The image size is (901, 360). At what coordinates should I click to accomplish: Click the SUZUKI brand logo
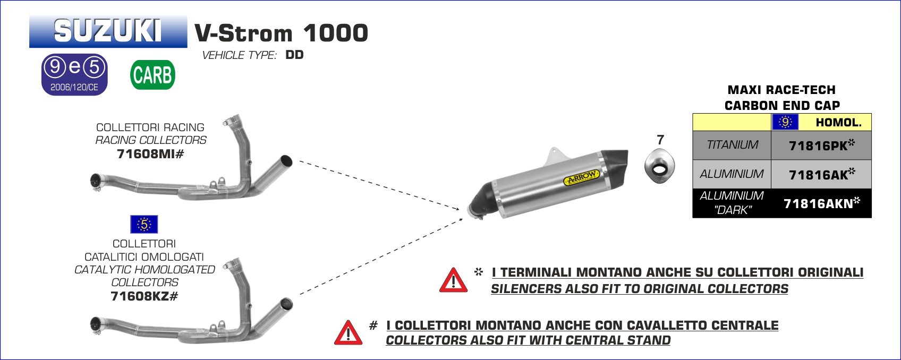[108, 31]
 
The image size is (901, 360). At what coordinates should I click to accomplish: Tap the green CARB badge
[152, 75]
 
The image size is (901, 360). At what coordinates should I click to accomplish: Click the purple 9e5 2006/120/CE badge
[74, 74]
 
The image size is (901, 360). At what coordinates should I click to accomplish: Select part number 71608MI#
[150, 153]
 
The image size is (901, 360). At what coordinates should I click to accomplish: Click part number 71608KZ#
[144, 296]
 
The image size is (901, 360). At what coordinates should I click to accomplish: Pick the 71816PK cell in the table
[821, 145]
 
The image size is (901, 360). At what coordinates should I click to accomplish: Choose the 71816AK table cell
[821, 174]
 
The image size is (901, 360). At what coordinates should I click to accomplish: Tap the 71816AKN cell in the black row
[821, 203]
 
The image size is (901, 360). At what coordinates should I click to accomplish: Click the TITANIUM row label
[732, 145]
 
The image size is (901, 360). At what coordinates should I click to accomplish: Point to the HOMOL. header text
[838, 123]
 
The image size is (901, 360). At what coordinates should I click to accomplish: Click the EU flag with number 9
[785, 122]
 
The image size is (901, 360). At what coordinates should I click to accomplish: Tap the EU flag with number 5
[144, 225]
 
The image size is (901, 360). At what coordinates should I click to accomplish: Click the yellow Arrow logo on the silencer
[582, 177]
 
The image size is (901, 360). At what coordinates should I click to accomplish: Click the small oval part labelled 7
[659, 166]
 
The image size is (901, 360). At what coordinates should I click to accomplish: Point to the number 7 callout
[660, 140]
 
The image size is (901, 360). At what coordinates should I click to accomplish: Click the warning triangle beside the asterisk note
[453, 280]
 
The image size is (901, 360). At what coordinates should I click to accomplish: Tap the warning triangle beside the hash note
[348, 332]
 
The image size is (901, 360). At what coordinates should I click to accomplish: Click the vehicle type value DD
[294, 55]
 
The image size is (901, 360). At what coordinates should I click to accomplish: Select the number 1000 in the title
[335, 33]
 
